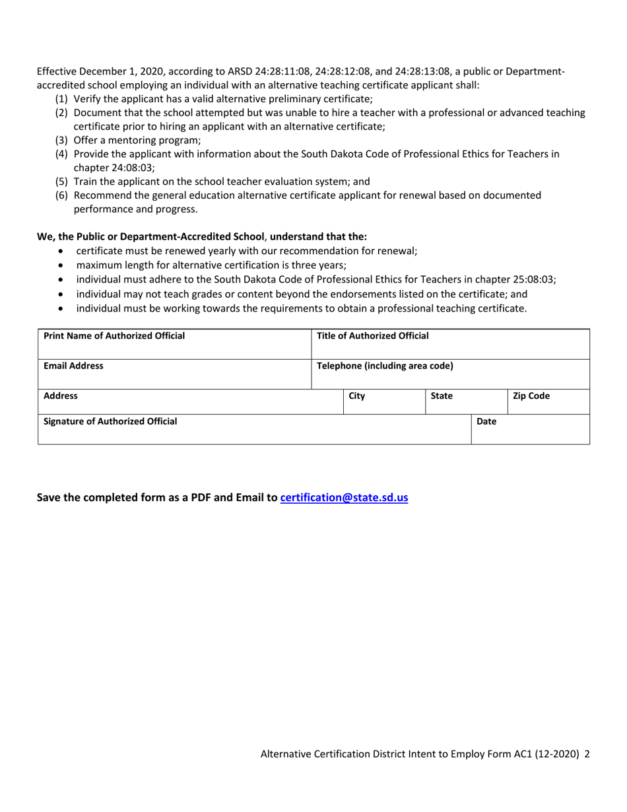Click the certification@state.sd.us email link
344,498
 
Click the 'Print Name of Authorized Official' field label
114,336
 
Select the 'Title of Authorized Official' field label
373,336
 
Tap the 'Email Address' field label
73,366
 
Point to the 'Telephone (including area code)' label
385,366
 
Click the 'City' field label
356,396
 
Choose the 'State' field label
441,396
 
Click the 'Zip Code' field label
531,396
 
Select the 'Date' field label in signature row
486,421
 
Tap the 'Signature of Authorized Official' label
110,421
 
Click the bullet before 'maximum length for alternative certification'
62,265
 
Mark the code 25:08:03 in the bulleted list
532,279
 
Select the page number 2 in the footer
587,753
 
